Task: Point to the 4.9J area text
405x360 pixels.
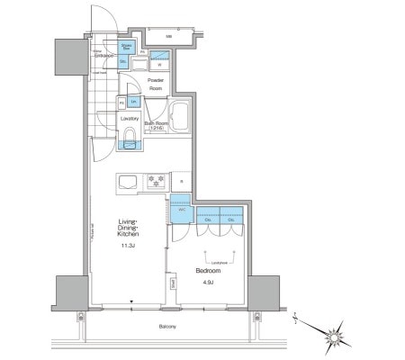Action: pyautogui.click(x=207, y=286)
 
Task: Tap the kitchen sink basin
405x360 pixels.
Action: pyautogui.click(x=128, y=183)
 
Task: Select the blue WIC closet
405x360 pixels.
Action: pyautogui.click(x=180, y=211)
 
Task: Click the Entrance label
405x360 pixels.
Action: pyautogui.click(x=103, y=56)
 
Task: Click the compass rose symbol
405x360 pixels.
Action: pyautogui.click(x=336, y=335)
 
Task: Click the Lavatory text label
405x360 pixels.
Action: pyautogui.click(x=130, y=119)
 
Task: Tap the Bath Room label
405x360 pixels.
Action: pyautogui.click(x=157, y=125)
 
